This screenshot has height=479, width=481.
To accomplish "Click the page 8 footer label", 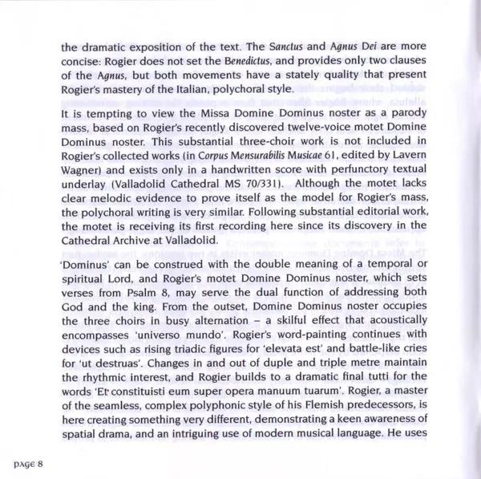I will click(x=32, y=464).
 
